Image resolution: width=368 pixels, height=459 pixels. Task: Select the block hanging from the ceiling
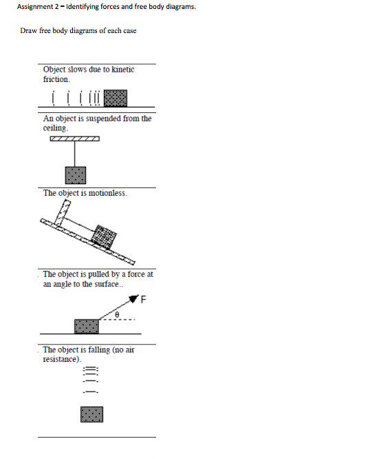pyautogui.click(x=75, y=176)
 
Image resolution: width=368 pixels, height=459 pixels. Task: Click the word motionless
pyautogui.click(x=109, y=193)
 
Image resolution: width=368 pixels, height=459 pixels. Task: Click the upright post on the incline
pyautogui.click(x=64, y=214)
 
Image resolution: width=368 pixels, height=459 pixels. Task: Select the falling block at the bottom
pyautogui.click(x=91, y=414)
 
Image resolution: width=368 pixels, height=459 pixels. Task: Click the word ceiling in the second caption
pyautogui.click(x=55, y=128)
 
